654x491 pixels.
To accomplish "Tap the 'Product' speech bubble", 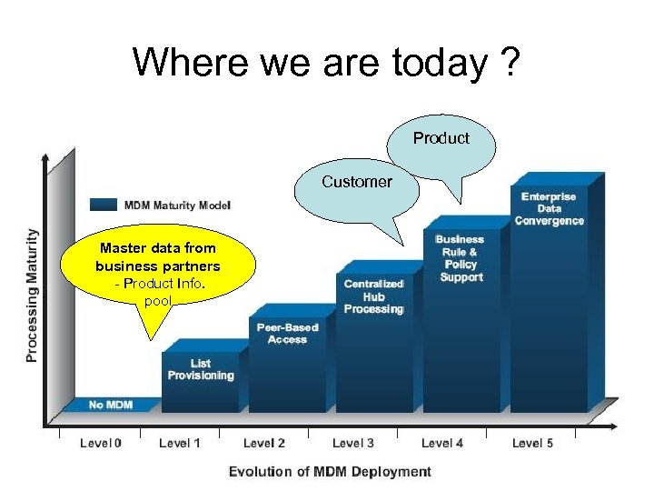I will coord(441,139).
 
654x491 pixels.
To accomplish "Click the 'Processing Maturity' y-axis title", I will coord(33,295).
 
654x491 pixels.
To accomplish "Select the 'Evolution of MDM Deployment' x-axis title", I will coord(330,471).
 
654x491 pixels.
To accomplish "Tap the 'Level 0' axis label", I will coord(100,443).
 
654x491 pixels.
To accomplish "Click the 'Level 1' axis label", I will coord(179,443).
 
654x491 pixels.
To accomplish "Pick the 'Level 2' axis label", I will coord(264,443).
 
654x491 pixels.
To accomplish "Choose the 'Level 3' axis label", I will coord(353,443).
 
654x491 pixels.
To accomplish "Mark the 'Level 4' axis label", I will coord(442,443).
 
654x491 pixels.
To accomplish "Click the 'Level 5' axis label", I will coord(532,443).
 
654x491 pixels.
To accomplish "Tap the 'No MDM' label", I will coord(110,405).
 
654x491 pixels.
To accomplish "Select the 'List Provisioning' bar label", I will coord(201,369).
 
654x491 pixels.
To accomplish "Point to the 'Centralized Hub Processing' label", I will coord(373,297).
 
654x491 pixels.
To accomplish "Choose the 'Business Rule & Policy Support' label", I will coord(461,258).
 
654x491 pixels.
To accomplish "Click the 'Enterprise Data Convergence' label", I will coord(549,209).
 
